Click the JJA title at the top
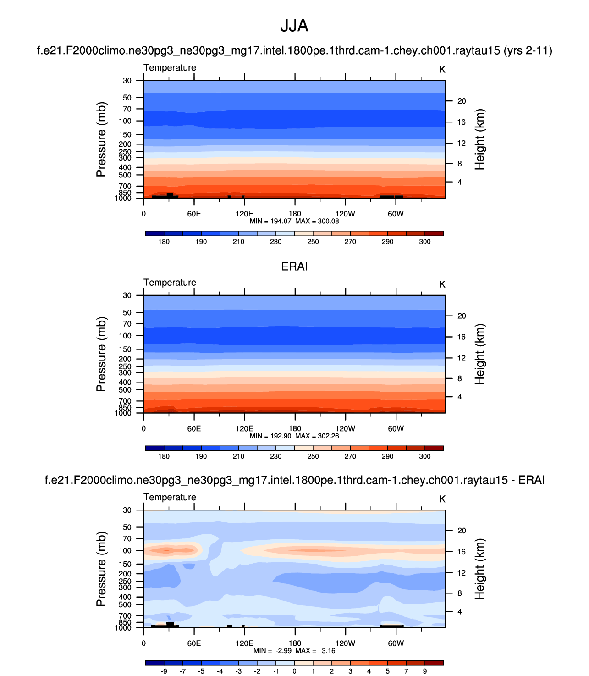294,26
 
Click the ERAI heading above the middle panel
294,266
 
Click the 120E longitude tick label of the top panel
244,214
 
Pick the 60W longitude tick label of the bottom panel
396,643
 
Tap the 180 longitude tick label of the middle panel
295,429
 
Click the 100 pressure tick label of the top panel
125,121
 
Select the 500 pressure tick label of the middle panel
125,390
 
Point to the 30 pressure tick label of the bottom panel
127,510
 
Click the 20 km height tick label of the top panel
462,101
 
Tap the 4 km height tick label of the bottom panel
460,612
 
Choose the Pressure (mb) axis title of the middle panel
101,354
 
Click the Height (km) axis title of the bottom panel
479,569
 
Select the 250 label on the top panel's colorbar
313,242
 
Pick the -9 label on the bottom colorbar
164,671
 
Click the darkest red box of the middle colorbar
434,448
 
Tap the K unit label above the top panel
442,70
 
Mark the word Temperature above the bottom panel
170,497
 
